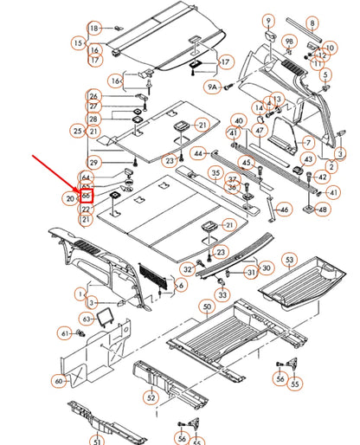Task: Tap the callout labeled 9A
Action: click(x=212, y=87)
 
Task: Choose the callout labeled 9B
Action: click(x=290, y=41)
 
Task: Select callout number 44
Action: click(x=198, y=153)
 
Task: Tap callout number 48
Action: click(x=323, y=210)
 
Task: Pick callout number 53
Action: click(x=289, y=260)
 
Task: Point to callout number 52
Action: click(x=151, y=397)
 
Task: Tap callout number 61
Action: click(x=64, y=333)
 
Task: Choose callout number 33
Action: click(x=222, y=295)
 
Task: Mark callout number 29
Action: click(x=93, y=163)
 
